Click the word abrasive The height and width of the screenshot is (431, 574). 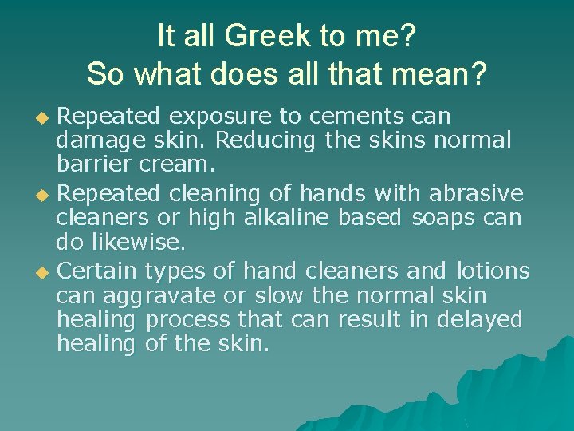point(476,194)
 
